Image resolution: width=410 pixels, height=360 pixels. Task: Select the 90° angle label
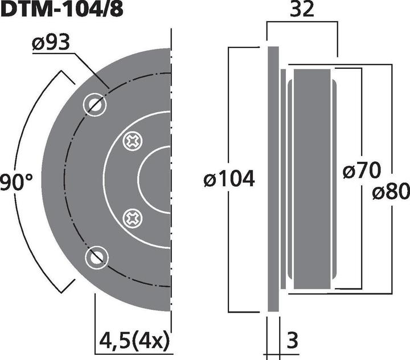[x=17, y=183]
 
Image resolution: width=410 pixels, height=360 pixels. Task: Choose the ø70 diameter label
[x=362, y=170]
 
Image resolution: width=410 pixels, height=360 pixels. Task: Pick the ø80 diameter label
[x=391, y=193]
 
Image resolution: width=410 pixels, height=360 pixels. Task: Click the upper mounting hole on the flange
[x=95, y=104]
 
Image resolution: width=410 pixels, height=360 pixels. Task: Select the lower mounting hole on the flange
[x=95, y=257]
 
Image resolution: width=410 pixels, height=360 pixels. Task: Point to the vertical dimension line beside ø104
[x=229, y=114]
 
